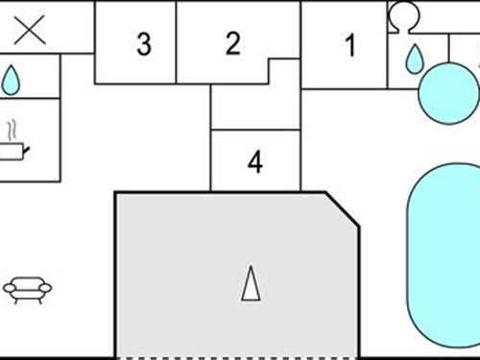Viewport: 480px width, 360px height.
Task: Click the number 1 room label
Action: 349,45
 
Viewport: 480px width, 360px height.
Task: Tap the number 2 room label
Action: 232,42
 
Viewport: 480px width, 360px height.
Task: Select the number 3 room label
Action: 143,44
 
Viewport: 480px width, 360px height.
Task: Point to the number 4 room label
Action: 254,162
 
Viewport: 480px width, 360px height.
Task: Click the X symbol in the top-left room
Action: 29,30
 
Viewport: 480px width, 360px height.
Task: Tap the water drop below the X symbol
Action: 11,80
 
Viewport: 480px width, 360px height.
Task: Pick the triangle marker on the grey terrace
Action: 251,283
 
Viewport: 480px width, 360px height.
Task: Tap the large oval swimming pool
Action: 444,256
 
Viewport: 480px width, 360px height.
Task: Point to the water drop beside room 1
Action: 414,60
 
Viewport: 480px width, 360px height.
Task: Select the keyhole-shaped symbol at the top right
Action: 402,16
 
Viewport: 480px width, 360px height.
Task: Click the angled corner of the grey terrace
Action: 342,209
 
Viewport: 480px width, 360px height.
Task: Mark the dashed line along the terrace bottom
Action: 237,357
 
